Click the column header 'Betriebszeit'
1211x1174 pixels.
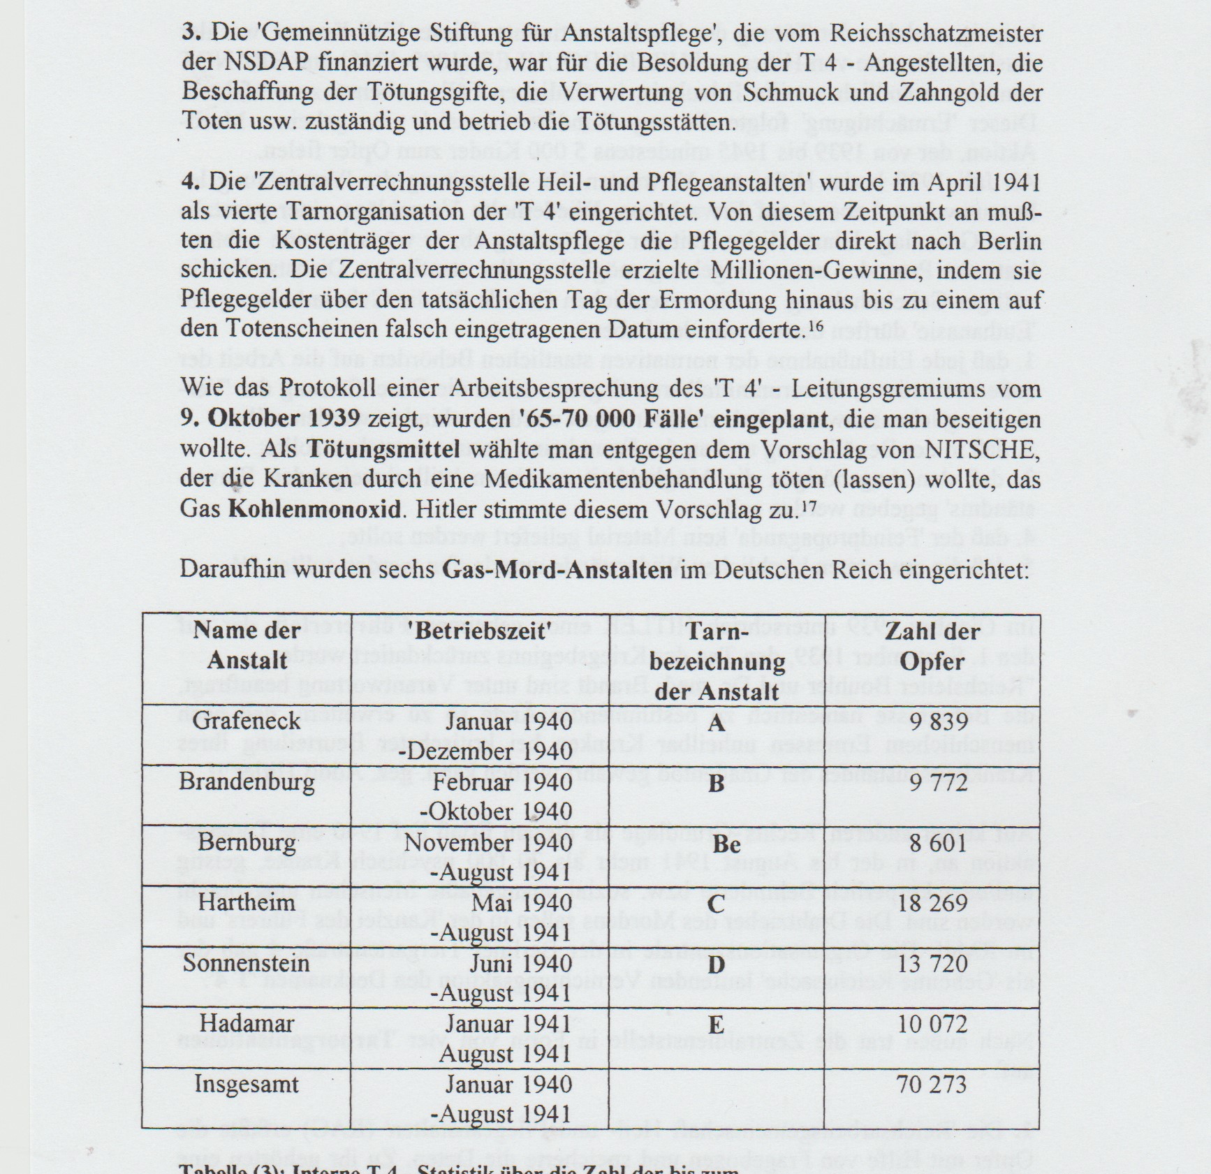(x=481, y=631)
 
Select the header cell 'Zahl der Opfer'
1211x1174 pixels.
(x=932, y=646)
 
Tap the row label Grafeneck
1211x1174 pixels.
(x=247, y=721)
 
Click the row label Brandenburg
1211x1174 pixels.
(x=247, y=781)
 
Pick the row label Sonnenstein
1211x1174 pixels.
(x=246, y=963)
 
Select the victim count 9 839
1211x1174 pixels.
(x=939, y=722)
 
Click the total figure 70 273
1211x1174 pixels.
(x=932, y=1085)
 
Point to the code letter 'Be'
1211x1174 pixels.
(x=726, y=844)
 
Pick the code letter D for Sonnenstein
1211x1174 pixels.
(x=716, y=965)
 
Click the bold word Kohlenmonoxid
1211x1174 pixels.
(x=315, y=508)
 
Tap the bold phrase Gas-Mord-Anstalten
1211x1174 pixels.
(x=557, y=570)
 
